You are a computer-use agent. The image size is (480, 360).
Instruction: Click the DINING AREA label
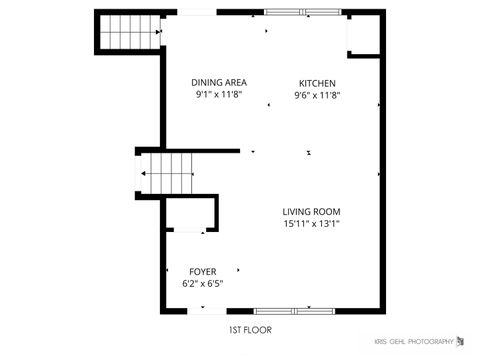[219, 83]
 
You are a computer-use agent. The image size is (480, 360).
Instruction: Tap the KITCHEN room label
[317, 83]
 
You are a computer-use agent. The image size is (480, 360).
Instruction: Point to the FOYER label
[202, 271]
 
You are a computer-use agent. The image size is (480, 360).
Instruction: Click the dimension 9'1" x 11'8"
[219, 95]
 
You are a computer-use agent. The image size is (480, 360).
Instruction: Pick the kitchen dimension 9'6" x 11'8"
[317, 95]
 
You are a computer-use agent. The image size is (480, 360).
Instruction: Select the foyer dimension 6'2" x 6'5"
[202, 283]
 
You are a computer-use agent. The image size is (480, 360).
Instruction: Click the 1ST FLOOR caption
[249, 329]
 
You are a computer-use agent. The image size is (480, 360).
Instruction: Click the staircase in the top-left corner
[129, 32]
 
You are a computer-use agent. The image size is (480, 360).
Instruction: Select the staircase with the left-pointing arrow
[166, 175]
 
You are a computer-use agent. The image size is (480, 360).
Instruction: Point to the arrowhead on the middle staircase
[146, 175]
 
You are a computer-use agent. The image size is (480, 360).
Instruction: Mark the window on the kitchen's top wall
[302, 12]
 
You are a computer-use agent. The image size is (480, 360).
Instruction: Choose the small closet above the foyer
[190, 213]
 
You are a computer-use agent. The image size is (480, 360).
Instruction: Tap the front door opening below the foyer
[202, 311]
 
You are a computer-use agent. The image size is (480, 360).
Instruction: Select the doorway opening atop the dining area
[194, 12]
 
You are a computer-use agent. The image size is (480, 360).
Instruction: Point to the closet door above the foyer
[190, 231]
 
